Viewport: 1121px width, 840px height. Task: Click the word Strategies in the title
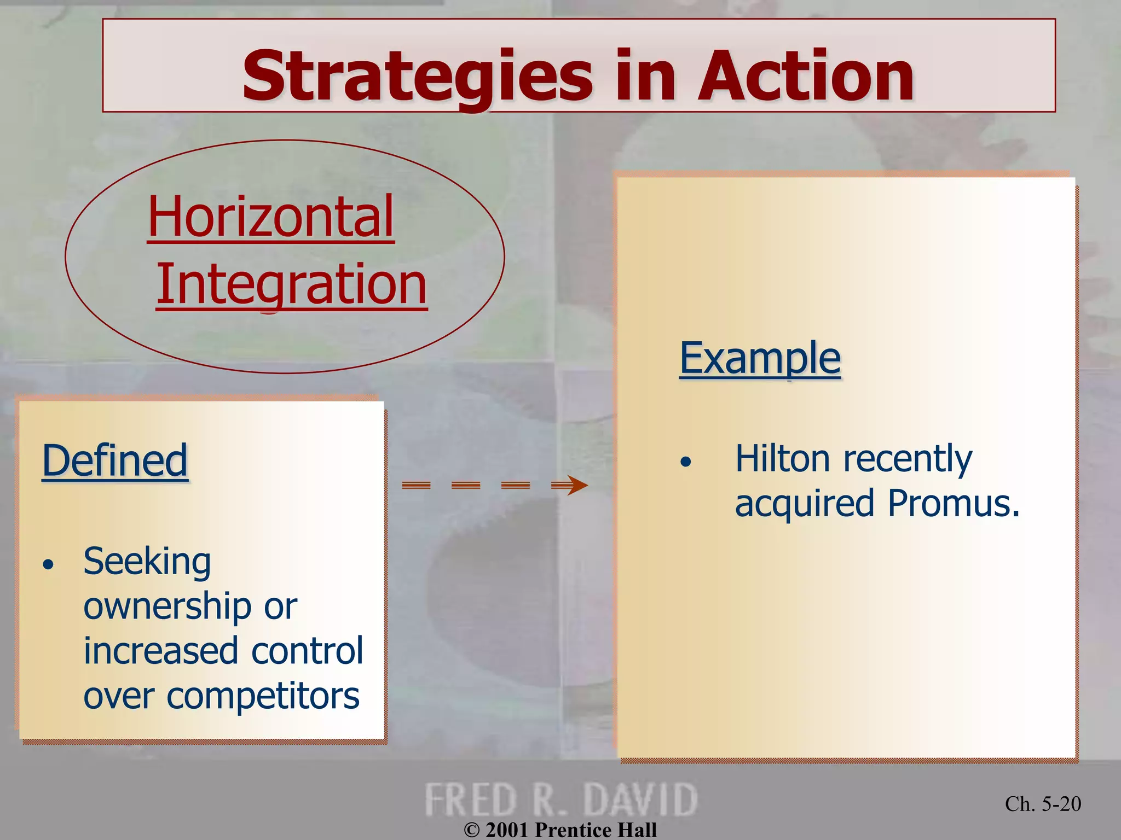[x=417, y=77]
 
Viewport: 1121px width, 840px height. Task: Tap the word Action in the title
[x=805, y=77]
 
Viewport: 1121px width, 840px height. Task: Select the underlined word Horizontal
[x=271, y=217]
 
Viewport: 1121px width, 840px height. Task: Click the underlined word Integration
[x=291, y=284]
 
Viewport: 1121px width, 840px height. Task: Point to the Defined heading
[x=115, y=460]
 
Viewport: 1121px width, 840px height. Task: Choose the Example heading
[x=760, y=358]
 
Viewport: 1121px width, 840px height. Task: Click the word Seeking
[x=147, y=562]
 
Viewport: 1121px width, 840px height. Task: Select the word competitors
[x=263, y=696]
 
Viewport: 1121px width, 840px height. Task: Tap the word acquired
[x=805, y=504]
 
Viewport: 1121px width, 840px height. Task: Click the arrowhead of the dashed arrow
[x=576, y=485]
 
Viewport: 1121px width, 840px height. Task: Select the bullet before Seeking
[x=49, y=564]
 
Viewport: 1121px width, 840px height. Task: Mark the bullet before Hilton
[x=686, y=462]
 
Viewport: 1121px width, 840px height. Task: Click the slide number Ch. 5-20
[x=1043, y=804]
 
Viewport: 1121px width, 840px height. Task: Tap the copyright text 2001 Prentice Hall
[x=560, y=830]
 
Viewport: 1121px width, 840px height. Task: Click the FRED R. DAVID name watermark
[x=560, y=800]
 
